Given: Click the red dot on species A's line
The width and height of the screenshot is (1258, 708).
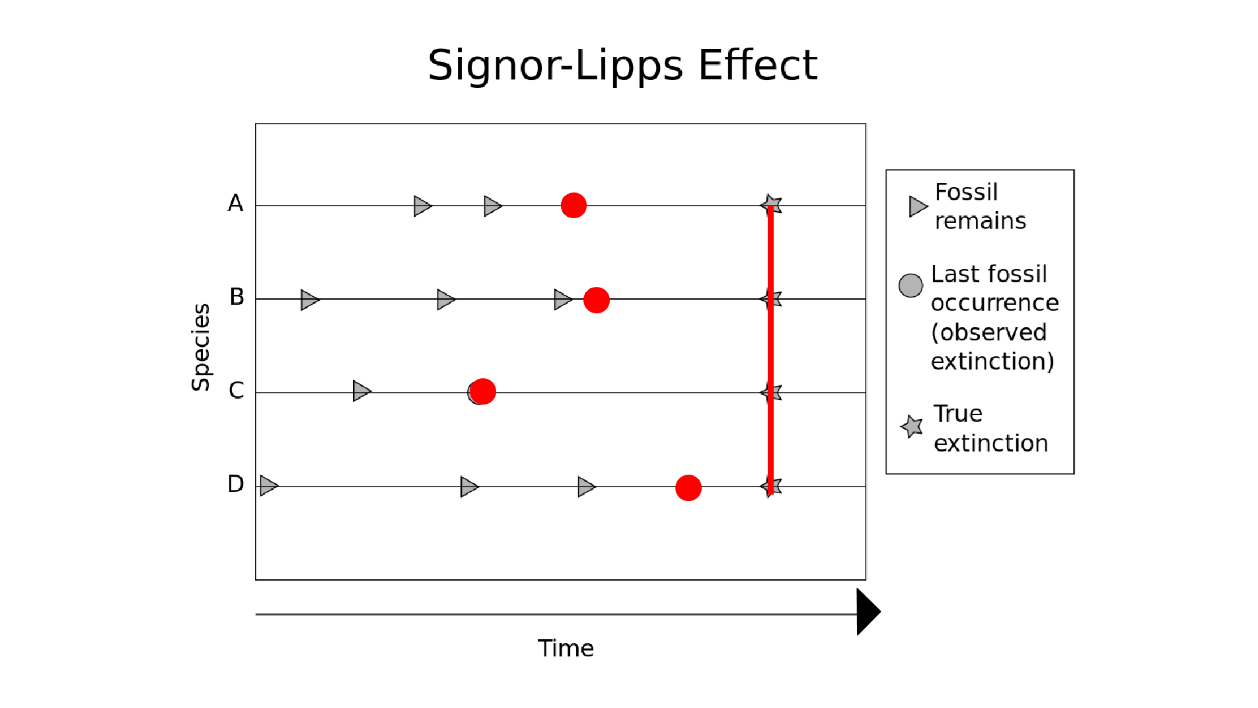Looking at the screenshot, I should [x=573, y=206].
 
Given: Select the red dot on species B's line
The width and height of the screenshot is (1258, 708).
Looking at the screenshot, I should [x=596, y=300].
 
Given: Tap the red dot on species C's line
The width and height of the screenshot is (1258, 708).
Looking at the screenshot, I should [x=483, y=391].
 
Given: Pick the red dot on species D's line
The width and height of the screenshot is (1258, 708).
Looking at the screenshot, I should [x=688, y=488].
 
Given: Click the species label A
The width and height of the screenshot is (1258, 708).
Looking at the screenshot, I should [x=235, y=203].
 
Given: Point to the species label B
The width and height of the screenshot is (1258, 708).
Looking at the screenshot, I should [x=237, y=297].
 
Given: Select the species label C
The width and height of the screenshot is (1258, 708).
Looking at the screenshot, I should [x=236, y=391].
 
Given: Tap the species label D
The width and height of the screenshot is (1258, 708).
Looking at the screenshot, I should [x=235, y=484].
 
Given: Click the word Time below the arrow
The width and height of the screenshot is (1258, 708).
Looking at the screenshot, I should [x=566, y=649].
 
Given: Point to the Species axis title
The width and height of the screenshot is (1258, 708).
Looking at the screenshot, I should [x=200, y=347].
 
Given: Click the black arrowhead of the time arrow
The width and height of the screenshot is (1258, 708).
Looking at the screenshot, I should [x=868, y=612].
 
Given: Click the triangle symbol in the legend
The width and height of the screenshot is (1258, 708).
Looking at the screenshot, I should [x=918, y=206].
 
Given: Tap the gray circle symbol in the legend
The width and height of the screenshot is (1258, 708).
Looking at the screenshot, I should [x=910, y=286].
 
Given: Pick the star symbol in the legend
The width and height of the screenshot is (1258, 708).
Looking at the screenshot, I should [x=912, y=426].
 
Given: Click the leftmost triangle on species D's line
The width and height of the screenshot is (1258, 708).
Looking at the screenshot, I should [x=268, y=486].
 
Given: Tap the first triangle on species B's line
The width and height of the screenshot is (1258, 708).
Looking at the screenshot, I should [x=309, y=299].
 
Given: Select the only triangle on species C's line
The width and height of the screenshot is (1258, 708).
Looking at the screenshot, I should [x=361, y=391].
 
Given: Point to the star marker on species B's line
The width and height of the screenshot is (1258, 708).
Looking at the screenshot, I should [x=772, y=299].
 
